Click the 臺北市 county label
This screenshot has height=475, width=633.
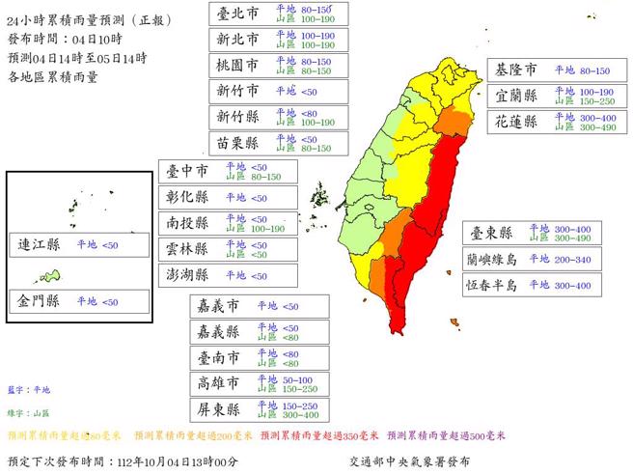pos(237,14)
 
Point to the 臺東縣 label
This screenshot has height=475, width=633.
pos(490,233)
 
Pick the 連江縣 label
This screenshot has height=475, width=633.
pos(40,244)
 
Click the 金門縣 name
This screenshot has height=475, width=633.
pos(40,301)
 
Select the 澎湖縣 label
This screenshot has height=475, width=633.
pos(187,275)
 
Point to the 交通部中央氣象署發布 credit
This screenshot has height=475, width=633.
pos(411,462)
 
